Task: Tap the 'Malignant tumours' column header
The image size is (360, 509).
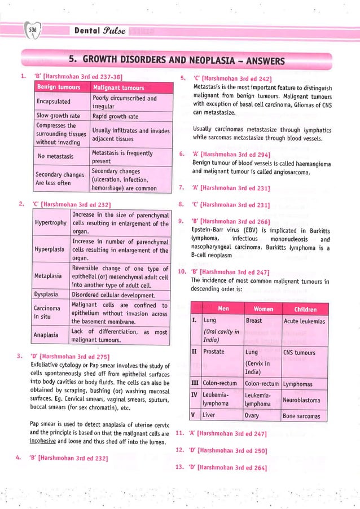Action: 118,87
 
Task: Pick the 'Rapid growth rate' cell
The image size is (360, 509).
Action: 115,116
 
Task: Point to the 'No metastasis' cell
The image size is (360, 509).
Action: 57,156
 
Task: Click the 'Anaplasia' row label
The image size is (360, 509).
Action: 50,335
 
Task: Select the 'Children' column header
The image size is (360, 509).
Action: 305,309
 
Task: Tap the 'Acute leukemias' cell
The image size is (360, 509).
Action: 304,321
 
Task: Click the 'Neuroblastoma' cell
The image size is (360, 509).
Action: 302,400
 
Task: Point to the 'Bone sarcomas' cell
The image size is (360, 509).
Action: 302,416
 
